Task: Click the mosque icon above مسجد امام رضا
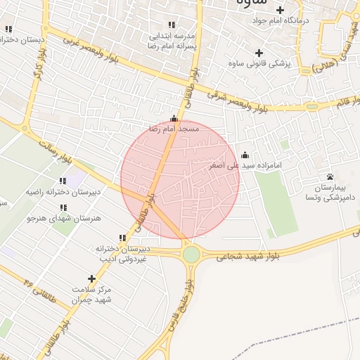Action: tap(174, 119)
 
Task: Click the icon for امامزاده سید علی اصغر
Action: tap(245, 155)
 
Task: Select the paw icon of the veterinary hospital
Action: tap(330, 176)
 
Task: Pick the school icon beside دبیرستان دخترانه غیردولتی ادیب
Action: tap(122, 238)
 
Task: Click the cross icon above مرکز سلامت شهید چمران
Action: tap(91, 279)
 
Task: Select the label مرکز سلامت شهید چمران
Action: tap(92, 295)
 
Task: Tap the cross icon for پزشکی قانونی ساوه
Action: tap(259, 53)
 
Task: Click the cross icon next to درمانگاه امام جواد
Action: tap(280, 10)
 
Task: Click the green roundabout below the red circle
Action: tap(191, 253)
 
